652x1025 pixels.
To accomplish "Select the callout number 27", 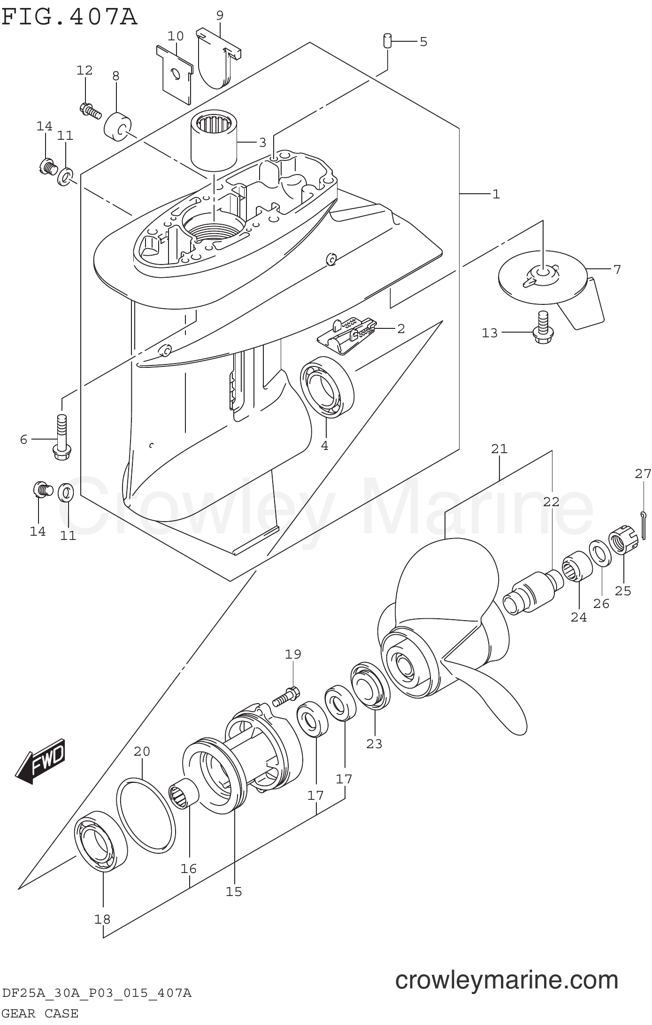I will point(643,474).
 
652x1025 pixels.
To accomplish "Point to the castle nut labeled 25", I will point(623,542).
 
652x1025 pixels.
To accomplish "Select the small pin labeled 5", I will point(387,40).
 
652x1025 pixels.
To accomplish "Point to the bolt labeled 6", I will point(61,436).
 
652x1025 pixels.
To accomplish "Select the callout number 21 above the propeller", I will point(499,449).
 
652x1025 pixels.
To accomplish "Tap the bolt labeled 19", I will point(285,696).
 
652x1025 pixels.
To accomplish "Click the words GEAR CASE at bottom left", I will point(40,1013).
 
